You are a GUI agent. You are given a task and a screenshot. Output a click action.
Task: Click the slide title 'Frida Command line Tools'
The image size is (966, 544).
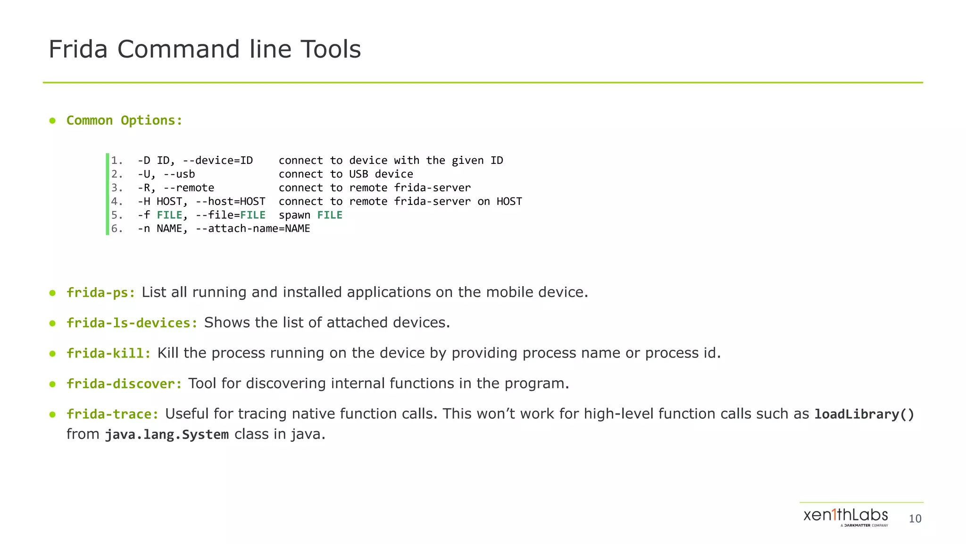[204, 49]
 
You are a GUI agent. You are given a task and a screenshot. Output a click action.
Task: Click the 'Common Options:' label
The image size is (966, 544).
[124, 120]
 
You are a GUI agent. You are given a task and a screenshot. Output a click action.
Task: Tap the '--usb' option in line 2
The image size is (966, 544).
[179, 174]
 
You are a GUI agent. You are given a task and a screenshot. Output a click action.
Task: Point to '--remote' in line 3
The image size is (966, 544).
[189, 188]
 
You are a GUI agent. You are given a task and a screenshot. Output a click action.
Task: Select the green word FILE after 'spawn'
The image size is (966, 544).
[330, 215]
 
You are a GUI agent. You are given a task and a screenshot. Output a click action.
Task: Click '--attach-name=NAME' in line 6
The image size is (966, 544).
[252, 229]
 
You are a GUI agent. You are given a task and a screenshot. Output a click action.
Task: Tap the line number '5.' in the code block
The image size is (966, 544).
[117, 215]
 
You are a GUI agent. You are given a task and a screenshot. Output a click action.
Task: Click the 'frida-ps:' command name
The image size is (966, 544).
[100, 293]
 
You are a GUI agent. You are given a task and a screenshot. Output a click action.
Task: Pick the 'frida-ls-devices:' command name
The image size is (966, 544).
[132, 323]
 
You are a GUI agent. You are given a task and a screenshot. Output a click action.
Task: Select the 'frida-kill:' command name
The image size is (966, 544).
[108, 353]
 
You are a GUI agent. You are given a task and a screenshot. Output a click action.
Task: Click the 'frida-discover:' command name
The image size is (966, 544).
[124, 383]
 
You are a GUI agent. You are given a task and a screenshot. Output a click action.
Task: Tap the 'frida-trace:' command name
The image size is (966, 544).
[112, 414]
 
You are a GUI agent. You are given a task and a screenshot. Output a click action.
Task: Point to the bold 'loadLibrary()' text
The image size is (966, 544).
[864, 414]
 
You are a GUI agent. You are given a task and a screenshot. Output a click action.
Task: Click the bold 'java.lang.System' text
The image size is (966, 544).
[167, 434]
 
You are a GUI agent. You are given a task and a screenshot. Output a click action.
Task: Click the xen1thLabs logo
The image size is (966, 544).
[845, 517]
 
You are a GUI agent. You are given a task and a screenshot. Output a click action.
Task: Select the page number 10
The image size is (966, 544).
[915, 519]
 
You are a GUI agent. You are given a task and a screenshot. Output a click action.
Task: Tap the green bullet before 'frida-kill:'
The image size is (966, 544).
[52, 353]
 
